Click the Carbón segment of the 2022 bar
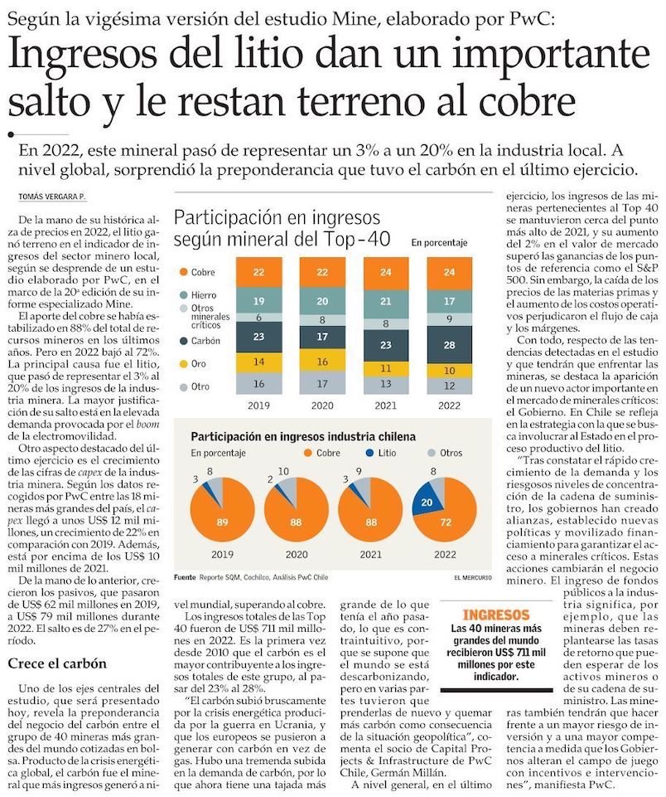448,344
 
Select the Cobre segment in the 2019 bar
258,272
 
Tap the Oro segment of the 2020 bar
322,362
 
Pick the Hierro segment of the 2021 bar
386,302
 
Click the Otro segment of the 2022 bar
448,386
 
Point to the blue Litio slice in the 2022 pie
427,503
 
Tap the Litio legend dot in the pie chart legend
370,453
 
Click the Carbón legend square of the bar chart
181,340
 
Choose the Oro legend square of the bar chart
181,363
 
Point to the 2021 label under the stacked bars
386,407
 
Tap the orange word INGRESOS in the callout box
495,615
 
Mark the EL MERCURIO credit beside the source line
472,577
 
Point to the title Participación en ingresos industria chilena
303,436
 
